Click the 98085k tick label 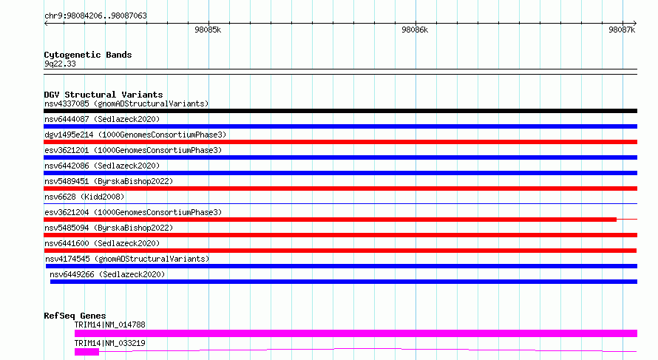208,30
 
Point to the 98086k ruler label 415,30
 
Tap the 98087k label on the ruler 622,30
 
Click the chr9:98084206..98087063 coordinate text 95,16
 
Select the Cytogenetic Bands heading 88,55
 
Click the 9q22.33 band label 60,64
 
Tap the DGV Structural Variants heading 104,95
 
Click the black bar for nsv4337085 340,111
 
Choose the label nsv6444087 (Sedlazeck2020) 102,119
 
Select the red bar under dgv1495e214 340,142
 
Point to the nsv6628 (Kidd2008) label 84,197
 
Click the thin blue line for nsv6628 340,204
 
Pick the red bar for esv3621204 330,220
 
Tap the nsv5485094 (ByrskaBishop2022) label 109,228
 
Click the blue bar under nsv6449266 344,282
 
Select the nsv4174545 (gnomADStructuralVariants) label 127,259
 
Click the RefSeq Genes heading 75,316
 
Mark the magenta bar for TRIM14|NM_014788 356,333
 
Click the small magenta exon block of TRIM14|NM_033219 87,352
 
